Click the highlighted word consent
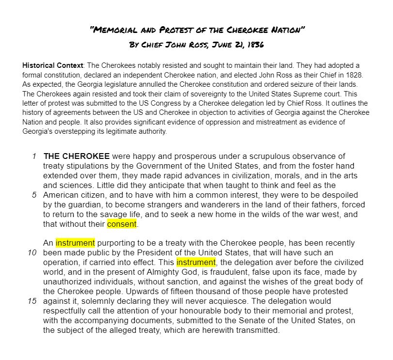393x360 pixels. point(122,224)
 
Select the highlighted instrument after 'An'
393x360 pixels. point(75,243)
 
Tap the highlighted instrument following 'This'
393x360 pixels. point(196,262)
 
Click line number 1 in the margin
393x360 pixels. point(34,156)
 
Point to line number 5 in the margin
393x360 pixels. point(34,195)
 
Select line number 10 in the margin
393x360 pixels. point(32,252)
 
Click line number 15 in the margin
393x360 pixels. point(32,301)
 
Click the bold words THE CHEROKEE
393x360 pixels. point(77,156)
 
